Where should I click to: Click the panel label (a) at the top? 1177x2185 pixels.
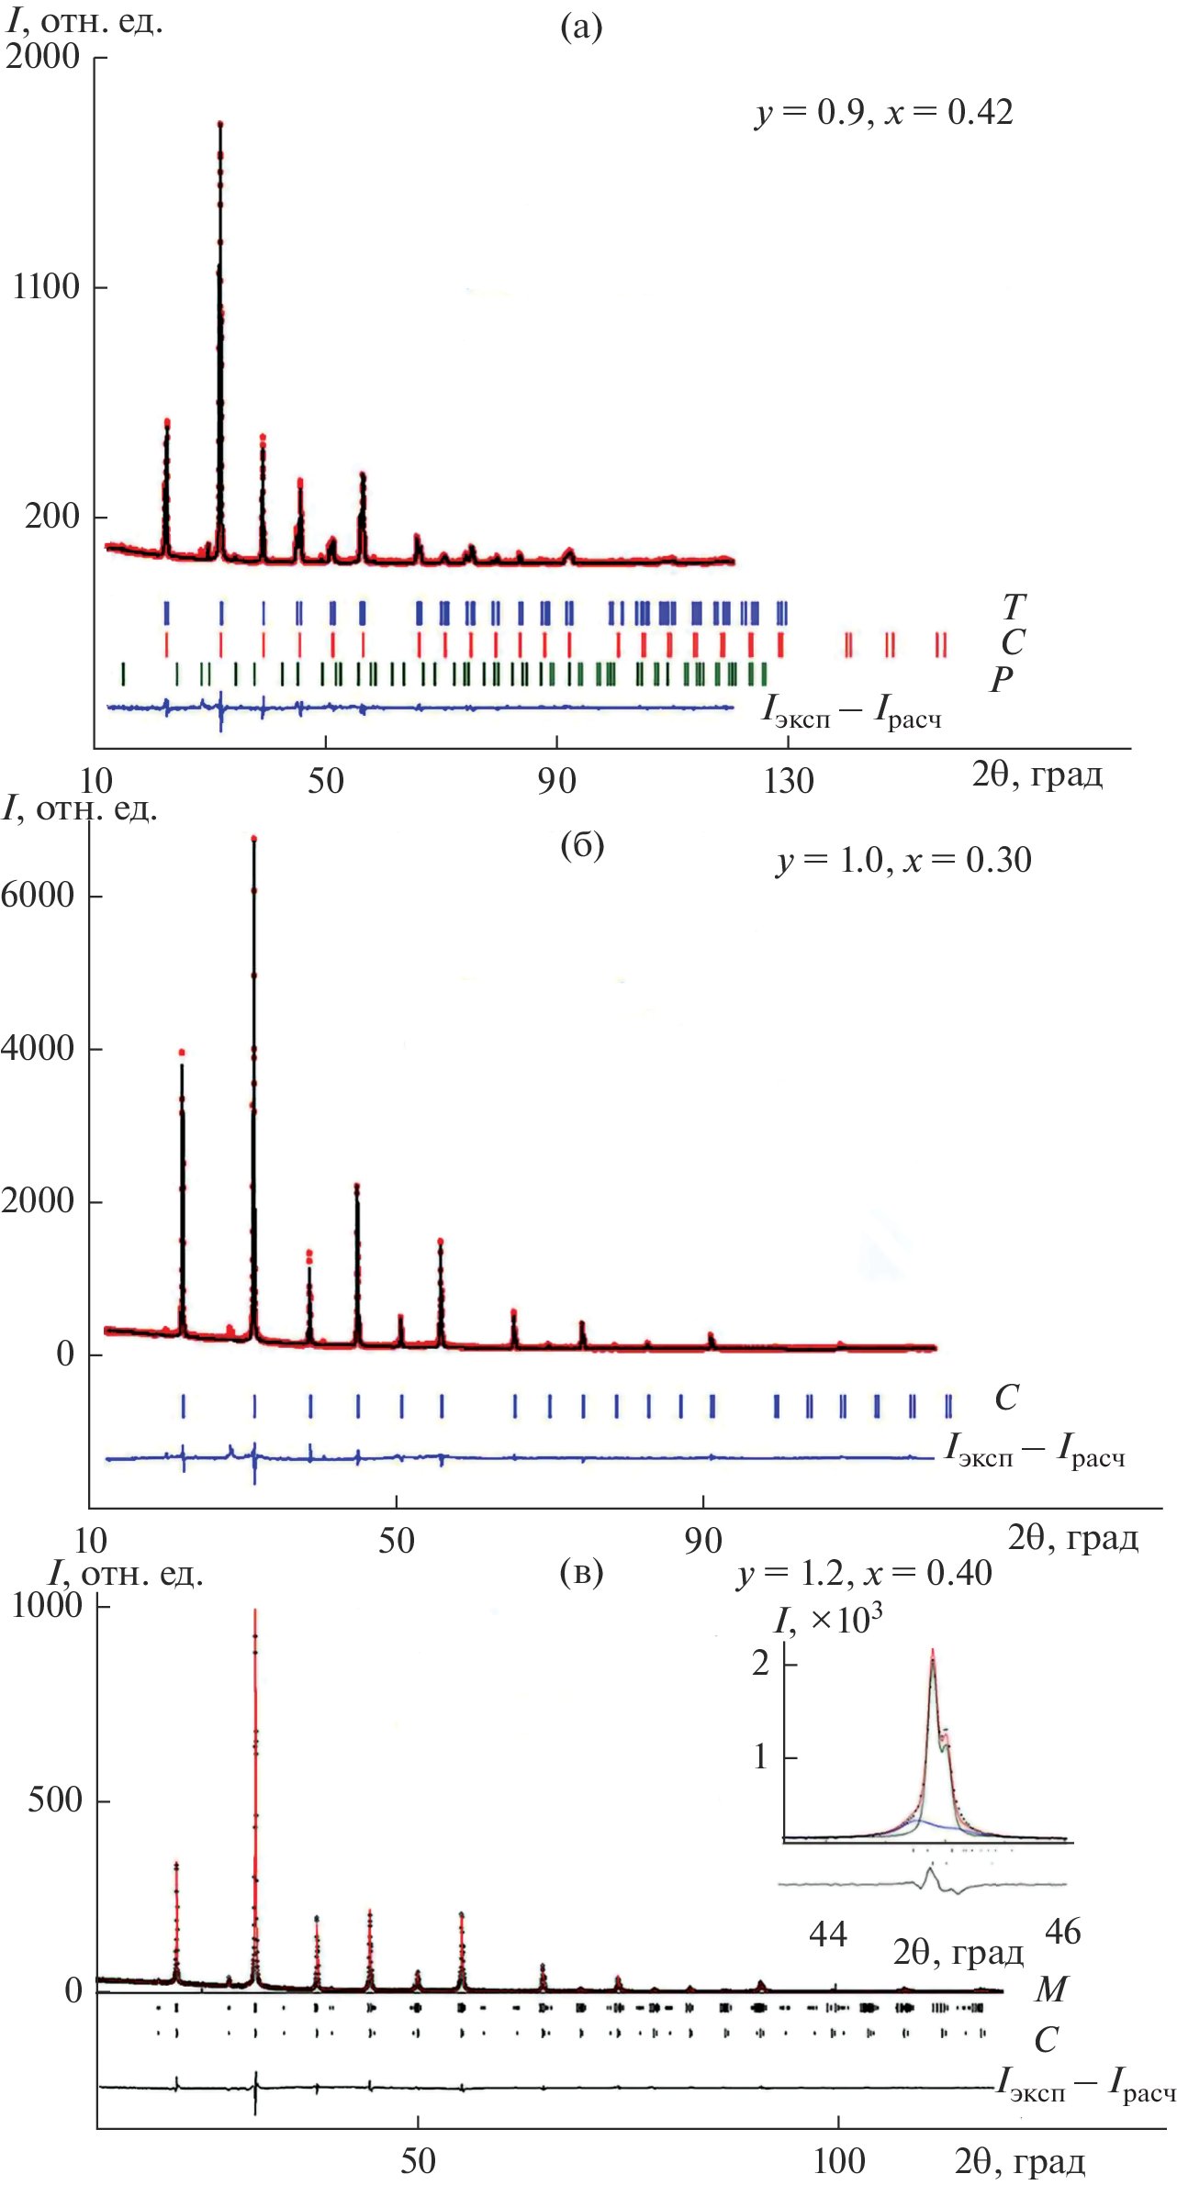click(x=581, y=28)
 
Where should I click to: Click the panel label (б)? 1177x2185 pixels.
click(x=582, y=844)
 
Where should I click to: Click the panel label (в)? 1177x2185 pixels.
click(x=581, y=1572)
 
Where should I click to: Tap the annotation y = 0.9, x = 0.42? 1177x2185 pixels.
click(x=884, y=113)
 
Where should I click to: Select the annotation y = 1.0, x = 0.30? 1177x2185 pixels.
click(x=903, y=861)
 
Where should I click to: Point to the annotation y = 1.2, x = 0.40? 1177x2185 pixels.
click(x=864, y=1573)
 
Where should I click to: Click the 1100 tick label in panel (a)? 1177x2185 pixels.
click(x=47, y=287)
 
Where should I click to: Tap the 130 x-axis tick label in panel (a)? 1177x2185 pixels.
click(x=789, y=781)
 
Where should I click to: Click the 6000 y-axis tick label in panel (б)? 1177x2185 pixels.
click(x=38, y=895)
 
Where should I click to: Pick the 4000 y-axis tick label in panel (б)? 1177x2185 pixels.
click(x=38, y=1048)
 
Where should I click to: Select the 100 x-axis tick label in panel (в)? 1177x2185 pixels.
click(x=839, y=2161)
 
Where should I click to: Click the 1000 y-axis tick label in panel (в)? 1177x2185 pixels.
click(x=47, y=1605)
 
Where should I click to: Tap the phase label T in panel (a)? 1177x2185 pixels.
click(x=1013, y=607)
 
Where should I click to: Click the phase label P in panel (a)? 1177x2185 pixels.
click(x=1001, y=679)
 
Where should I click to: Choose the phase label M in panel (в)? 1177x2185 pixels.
click(x=1050, y=1989)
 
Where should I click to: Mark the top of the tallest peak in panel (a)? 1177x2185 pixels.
click(x=220, y=123)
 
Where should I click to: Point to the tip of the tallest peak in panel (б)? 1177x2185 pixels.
click(x=253, y=838)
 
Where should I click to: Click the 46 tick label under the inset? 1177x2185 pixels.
click(x=1063, y=1932)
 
